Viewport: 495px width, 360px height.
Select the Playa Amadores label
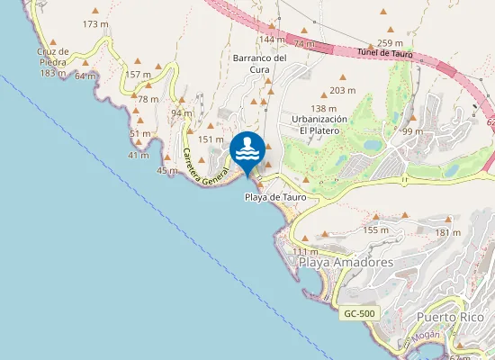346,261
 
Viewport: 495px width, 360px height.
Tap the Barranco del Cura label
259,63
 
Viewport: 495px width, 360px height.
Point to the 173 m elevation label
94,23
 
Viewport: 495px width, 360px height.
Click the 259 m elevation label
391,43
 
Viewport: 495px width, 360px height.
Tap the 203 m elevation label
343,91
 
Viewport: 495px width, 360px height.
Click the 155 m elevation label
376,229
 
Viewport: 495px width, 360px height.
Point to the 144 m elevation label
271,40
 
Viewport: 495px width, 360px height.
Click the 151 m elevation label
210,139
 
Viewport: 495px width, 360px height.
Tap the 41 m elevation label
138,156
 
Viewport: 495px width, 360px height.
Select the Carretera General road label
201,167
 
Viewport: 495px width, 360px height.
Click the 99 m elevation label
412,131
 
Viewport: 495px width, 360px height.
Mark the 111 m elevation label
305,251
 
